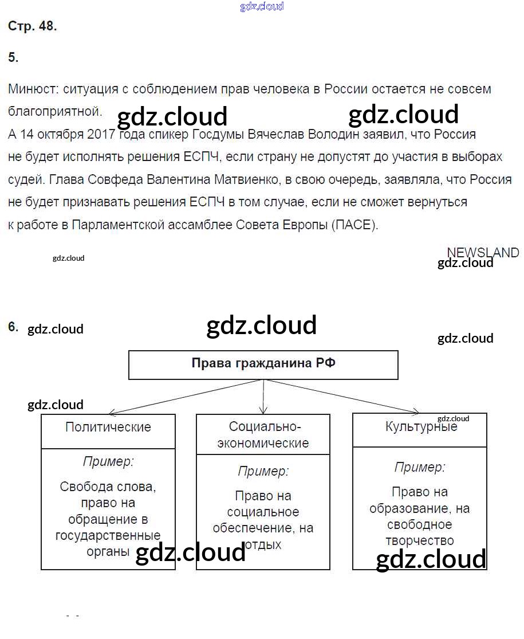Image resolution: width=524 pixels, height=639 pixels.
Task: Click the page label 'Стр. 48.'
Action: [x=33, y=26]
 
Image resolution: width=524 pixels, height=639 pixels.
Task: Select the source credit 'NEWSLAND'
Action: [x=482, y=252]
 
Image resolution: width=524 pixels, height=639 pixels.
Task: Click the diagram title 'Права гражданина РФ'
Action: [x=263, y=363]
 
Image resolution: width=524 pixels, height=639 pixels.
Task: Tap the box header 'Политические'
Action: [x=108, y=427]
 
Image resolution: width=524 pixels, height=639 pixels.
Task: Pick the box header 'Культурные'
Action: [x=421, y=427]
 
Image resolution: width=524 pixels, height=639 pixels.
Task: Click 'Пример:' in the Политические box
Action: [x=108, y=461]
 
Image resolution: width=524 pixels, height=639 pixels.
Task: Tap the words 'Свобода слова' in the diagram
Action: [x=108, y=487]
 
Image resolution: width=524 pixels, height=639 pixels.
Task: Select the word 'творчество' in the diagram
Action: [x=420, y=540]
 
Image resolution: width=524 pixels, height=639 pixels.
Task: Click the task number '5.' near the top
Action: [x=13, y=57]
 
